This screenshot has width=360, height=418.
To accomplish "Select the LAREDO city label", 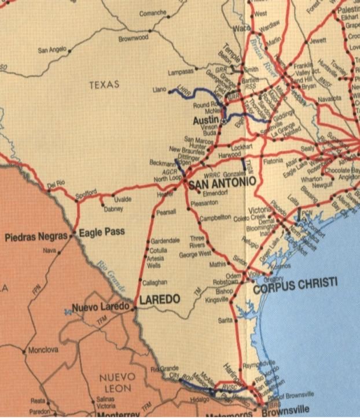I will (x=160, y=300).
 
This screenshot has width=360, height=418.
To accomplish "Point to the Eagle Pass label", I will (x=101, y=233).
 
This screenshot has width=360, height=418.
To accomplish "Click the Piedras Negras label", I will (x=36, y=237).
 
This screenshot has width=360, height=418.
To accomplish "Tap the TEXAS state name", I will (x=104, y=85).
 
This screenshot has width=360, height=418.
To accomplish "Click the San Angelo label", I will (x=52, y=50).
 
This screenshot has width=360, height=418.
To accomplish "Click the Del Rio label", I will (x=56, y=184).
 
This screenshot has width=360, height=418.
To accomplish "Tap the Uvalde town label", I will (x=123, y=199).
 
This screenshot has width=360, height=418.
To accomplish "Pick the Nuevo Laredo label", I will (x=100, y=306).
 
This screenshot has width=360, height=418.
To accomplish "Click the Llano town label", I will (x=159, y=90).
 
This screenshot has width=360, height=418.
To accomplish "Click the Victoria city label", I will (x=259, y=209).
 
